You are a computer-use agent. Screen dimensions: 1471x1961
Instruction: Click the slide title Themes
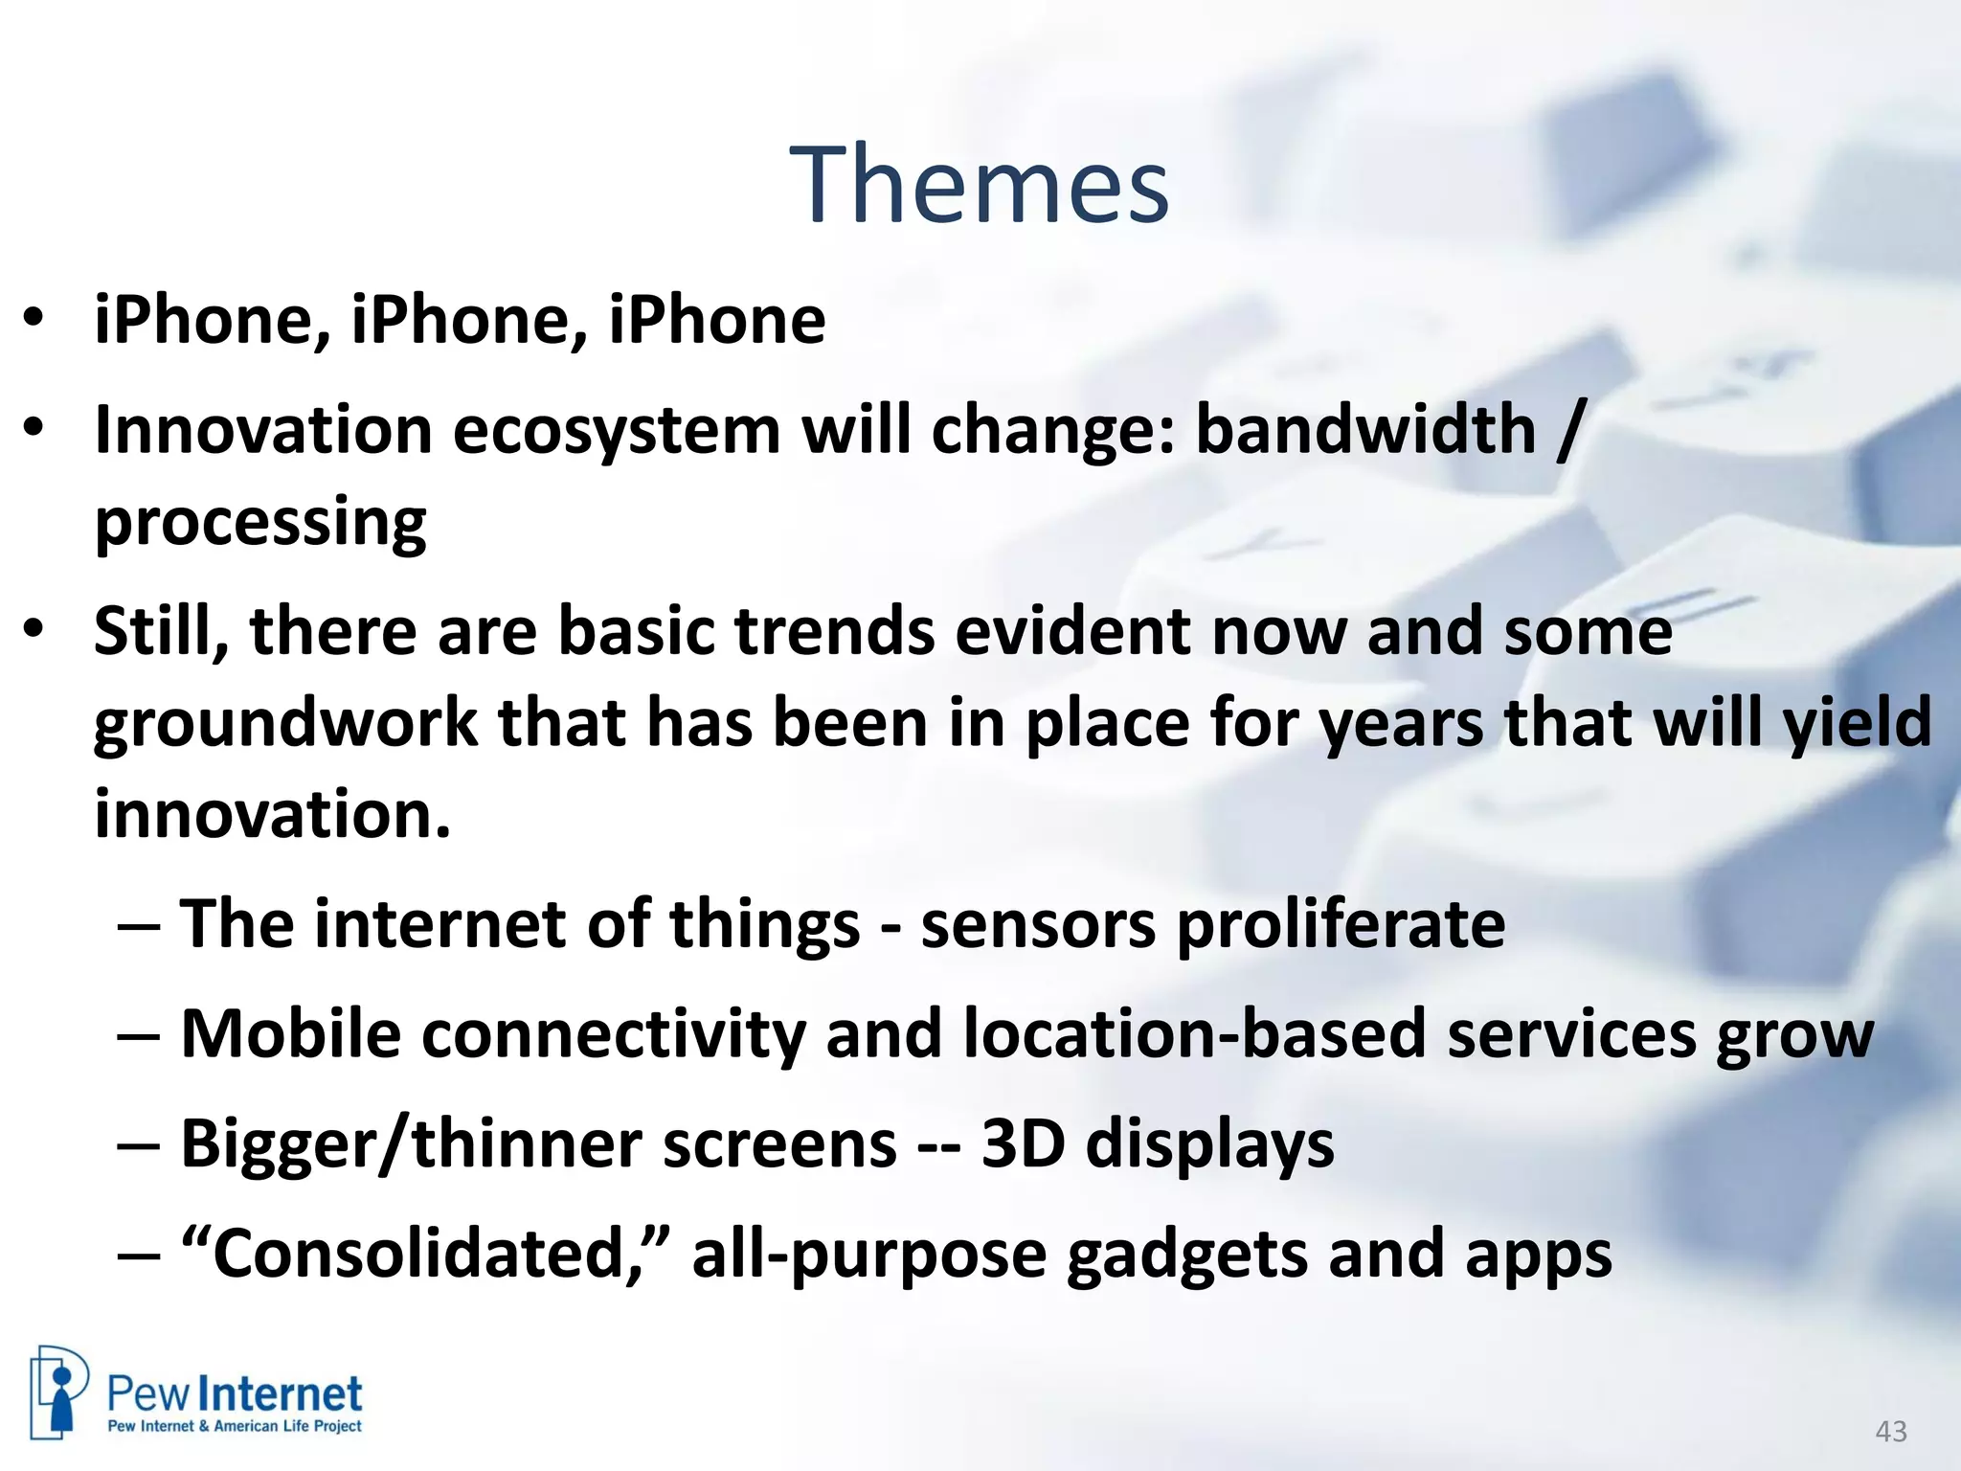pos(979,185)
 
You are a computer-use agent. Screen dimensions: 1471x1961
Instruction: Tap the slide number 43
pos(1890,1432)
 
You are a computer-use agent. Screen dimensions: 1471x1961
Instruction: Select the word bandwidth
pos(1365,429)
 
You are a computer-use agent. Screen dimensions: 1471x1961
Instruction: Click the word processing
pos(260,524)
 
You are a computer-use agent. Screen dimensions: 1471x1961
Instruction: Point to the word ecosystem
pos(617,429)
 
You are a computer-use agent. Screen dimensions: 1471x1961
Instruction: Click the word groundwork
pos(285,723)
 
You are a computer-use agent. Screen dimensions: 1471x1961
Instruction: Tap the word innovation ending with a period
pos(272,814)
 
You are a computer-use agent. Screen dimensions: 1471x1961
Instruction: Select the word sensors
pos(1038,925)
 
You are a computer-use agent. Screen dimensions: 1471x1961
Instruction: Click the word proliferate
pos(1341,925)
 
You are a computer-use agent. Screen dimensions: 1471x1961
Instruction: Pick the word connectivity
pos(613,1034)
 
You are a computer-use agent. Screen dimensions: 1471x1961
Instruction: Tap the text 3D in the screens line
pos(1023,1143)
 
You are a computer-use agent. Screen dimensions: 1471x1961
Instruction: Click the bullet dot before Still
pos(34,629)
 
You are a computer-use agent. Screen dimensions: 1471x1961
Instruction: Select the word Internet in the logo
pos(284,1394)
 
